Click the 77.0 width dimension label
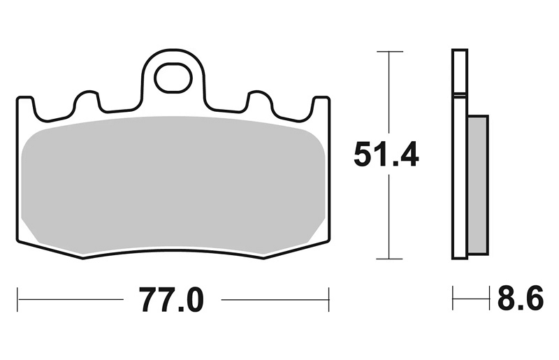click(171, 300)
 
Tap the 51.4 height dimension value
click(386, 154)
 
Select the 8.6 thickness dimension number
click(521, 298)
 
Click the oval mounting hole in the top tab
click(173, 78)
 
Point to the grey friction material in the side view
click(478, 185)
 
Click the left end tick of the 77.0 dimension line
click(17, 299)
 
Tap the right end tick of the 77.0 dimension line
click(328, 299)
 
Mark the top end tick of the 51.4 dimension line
click(390, 52)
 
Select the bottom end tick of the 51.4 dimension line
click(390, 259)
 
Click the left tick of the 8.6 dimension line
click(453, 298)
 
